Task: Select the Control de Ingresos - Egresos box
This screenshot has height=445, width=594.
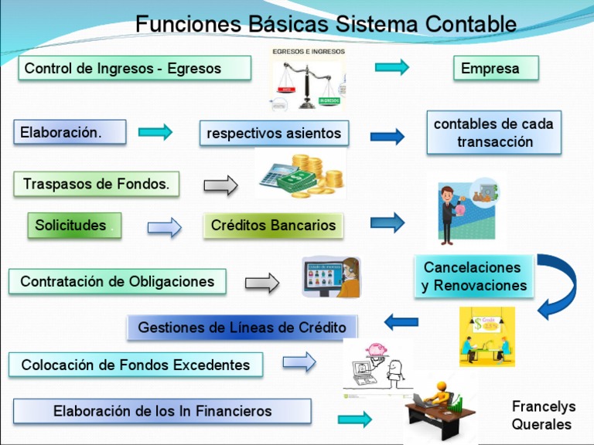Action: click(x=135, y=68)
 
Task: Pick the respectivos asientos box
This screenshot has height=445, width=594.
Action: click(x=274, y=133)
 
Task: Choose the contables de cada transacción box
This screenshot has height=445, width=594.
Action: click(x=494, y=133)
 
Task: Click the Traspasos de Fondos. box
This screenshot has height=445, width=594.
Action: click(x=96, y=184)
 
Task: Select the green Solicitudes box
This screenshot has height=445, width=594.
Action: click(x=74, y=226)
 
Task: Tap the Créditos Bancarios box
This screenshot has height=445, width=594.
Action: click(x=274, y=226)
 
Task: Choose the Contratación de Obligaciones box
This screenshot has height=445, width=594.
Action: click(x=118, y=281)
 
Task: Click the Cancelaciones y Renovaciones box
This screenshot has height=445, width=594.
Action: click(x=474, y=277)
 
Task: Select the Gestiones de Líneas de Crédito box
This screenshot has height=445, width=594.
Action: click(x=242, y=328)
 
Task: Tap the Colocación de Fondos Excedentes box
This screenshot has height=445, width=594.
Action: click(x=135, y=365)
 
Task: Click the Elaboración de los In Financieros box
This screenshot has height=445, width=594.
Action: click(x=162, y=411)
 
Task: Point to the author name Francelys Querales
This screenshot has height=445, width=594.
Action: click(x=541, y=416)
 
